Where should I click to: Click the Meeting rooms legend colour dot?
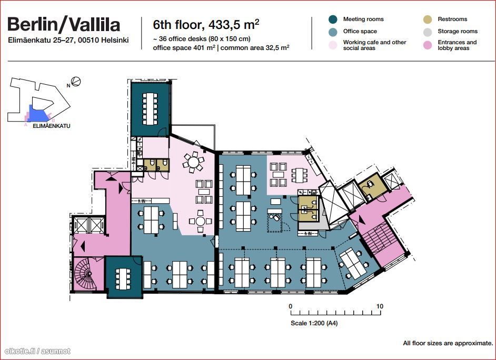pos(333,19)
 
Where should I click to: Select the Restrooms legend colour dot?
pos(428,19)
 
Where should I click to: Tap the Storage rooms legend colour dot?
pos(428,32)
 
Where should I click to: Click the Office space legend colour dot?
pos(333,32)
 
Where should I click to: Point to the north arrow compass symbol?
pos(76,82)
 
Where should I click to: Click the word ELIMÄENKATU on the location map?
pos(52,126)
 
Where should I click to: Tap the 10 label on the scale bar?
pos(380,306)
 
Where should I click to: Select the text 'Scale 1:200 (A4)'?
pos(314,323)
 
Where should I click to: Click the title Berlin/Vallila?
pos(64,25)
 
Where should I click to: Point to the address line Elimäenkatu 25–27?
pos(68,41)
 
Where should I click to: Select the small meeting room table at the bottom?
pos(123,279)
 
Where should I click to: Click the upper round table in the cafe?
pos(193,162)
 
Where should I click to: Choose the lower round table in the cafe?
pos(200,221)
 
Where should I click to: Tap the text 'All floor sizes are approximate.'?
pos(448,343)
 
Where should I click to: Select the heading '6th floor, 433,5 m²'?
pos(206,25)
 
